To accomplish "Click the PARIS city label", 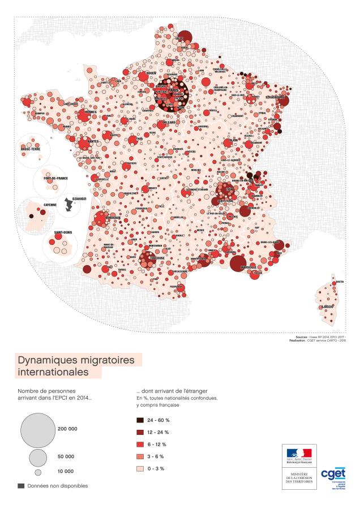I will pyautogui.click(x=173, y=89).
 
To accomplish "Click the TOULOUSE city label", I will pyautogui.click(x=157, y=258).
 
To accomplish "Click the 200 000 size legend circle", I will pyautogui.click(x=37, y=429).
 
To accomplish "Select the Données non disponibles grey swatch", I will pyautogui.click(x=21, y=486).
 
